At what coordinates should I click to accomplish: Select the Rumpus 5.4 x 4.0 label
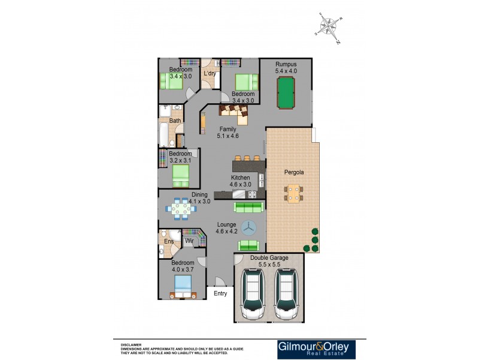pyautogui.click(x=286, y=67)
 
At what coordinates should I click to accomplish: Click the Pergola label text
pyautogui.click(x=293, y=172)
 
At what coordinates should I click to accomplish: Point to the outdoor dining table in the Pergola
pyautogui.click(x=293, y=193)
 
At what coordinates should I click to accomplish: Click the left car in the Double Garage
pyautogui.click(x=254, y=294)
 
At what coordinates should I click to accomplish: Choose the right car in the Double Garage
pyautogui.click(x=286, y=294)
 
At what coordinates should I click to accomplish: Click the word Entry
pyautogui.click(x=220, y=293)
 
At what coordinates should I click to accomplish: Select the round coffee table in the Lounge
pyautogui.click(x=249, y=228)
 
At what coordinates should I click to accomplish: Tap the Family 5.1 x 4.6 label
pyautogui.click(x=228, y=133)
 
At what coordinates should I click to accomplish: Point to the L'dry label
pyautogui.click(x=210, y=74)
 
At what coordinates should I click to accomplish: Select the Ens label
pyautogui.click(x=168, y=242)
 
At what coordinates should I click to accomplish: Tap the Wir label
pyautogui.click(x=189, y=241)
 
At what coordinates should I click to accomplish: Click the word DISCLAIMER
pyautogui.click(x=131, y=345)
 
